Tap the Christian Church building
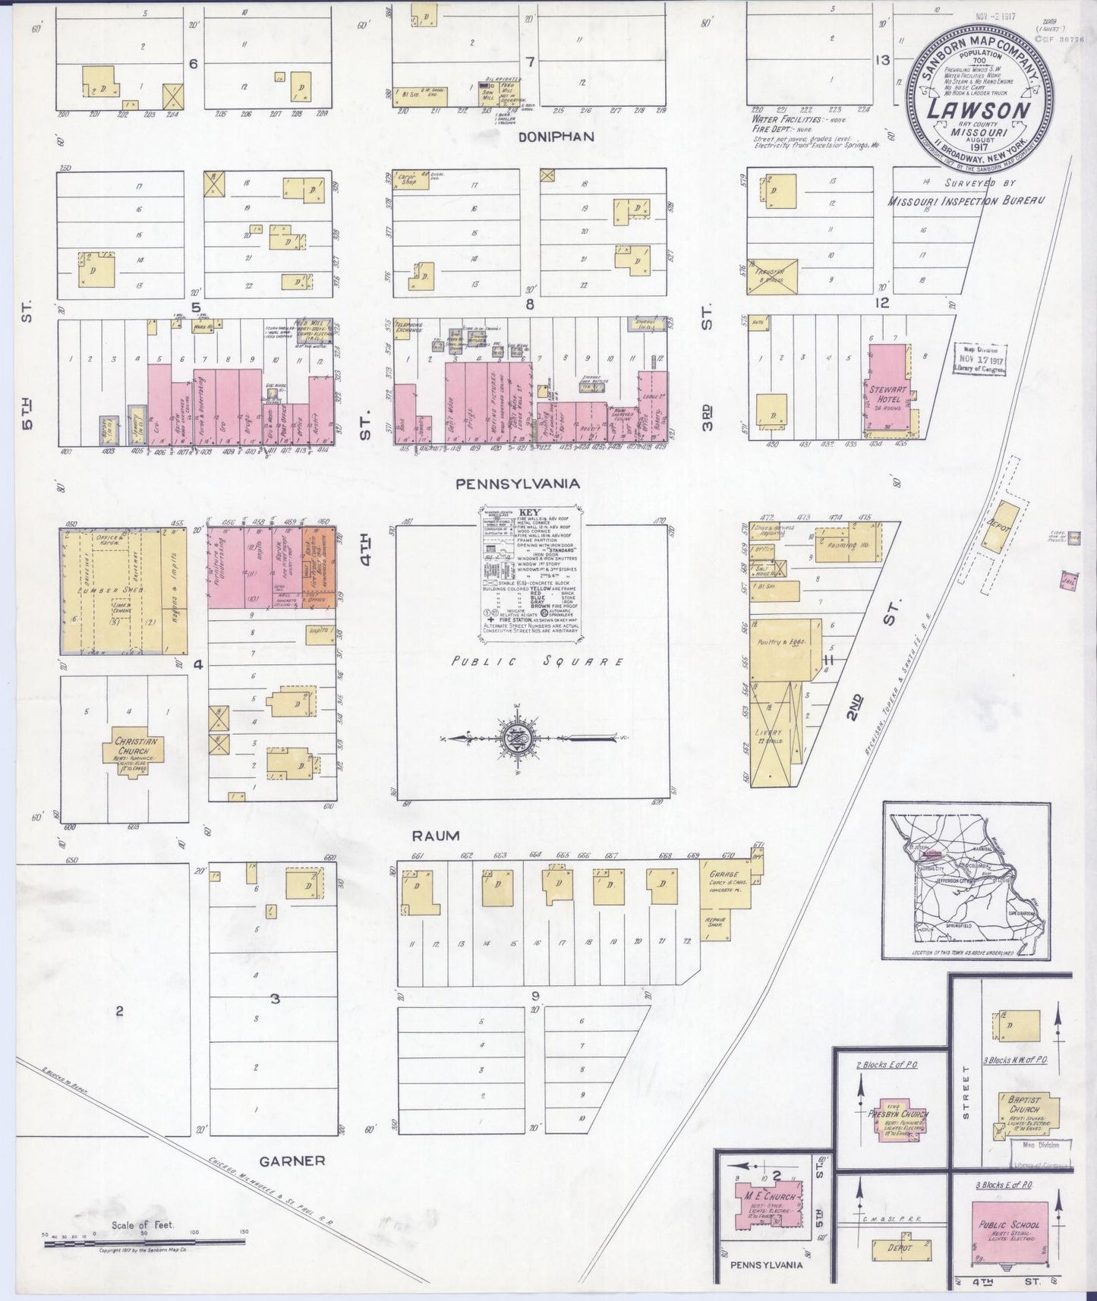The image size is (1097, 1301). [126, 751]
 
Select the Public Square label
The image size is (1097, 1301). [537, 661]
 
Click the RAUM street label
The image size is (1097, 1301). [436, 836]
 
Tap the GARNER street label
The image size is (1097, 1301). [292, 1160]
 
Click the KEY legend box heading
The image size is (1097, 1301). [529, 513]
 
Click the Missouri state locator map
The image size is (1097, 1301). [966, 881]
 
